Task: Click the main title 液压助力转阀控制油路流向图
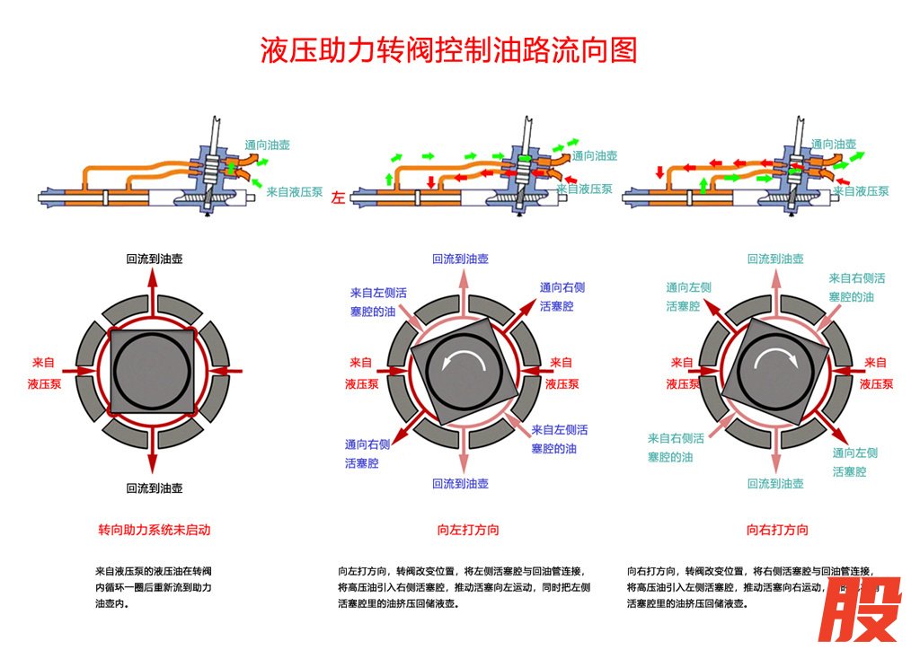coord(448,50)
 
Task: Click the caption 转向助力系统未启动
coord(154,530)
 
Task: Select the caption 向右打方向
coord(777,530)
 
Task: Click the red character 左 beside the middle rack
coord(338,197)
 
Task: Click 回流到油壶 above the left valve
coord(154,259)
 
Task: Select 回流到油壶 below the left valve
coord(154,488)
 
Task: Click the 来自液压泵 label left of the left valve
coord(44,373)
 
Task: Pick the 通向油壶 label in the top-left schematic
coord(267,145)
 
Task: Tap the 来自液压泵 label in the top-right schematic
coord(861,190)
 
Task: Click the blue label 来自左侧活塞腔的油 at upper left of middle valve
coord(378,302)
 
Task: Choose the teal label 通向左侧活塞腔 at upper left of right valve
coord(688,296)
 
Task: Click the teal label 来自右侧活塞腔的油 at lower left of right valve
coord(676,447)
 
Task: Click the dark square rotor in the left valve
coord(153,370)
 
